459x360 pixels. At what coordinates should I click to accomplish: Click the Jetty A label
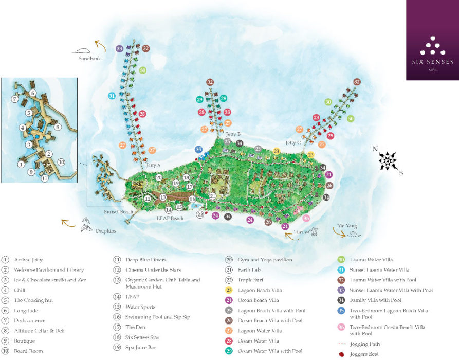pyautogui.click(x=153, y=165)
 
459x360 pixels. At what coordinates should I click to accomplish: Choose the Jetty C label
pyautogui.click(x=293, y=143)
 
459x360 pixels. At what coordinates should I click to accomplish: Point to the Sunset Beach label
pyautogui.click(x=119, y=211)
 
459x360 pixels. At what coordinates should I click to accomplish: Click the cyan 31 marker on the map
pyautogui.click(x=112, y=96)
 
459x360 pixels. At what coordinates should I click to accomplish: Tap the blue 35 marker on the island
pyautogui.click(x=199, y=150)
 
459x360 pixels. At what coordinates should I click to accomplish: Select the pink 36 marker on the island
pyautogui.click(x=306, y=218)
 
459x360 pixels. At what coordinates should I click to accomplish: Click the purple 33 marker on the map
pyautogui.click(x=119, y=48)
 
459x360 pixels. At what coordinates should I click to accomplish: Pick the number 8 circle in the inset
pyautogui.click(x=58, y=127)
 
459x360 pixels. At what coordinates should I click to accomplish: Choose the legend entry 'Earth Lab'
pyautogui.click(x=250, y=270)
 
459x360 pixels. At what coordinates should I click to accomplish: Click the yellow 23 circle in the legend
pyautogui.click(x=229, y=290)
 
